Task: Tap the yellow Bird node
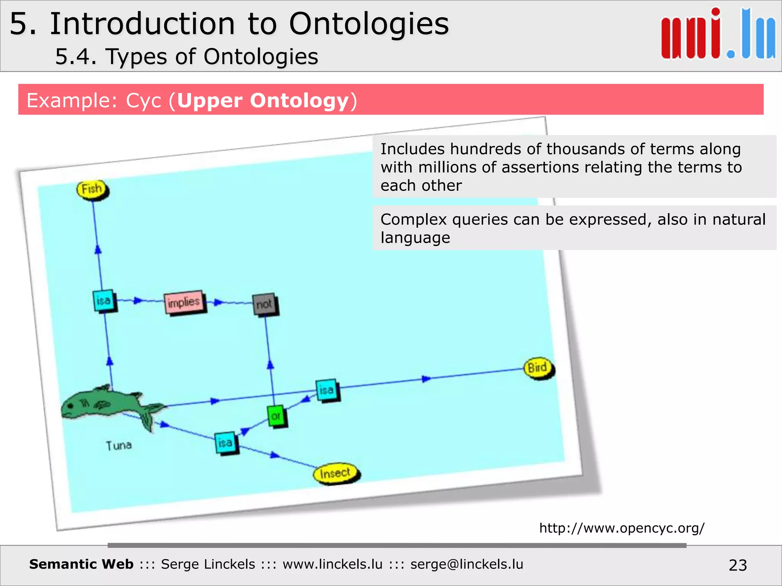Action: (538, 368)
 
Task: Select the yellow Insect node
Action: (336, 473)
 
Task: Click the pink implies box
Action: (184, 303)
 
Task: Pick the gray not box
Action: (264, 304)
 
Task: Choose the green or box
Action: (276, 416)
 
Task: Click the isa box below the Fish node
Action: (103, 301)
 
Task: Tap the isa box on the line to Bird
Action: (326, 390)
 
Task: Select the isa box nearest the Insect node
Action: (225, 443)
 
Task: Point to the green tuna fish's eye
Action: (71, 406)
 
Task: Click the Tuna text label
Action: (119, 445)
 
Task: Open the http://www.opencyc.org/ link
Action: (622, 528)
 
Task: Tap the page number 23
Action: (737, 565)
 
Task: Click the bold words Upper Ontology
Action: (263, 101)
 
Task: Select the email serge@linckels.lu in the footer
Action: (467, 564)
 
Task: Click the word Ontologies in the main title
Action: (368, 24)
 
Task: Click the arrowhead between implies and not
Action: (218, 303)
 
